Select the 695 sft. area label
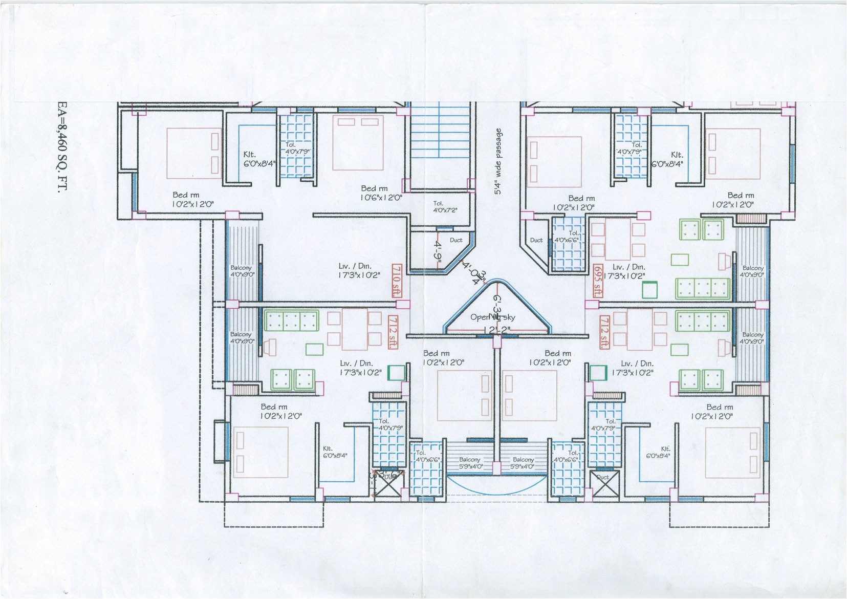[597, 281]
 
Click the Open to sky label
[492, 317]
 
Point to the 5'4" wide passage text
[498, 161]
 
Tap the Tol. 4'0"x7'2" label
[445, 207]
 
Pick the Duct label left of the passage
[456, 240]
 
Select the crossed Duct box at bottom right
[602, 484]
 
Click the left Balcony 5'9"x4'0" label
[470, 463]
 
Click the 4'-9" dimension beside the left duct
[439, 250]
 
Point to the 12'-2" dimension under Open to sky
[492, 331]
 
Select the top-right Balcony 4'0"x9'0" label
[753, 271]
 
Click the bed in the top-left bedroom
[195, 153]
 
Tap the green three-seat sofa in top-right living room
[703, 288]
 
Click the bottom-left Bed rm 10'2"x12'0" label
[280, 412]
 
